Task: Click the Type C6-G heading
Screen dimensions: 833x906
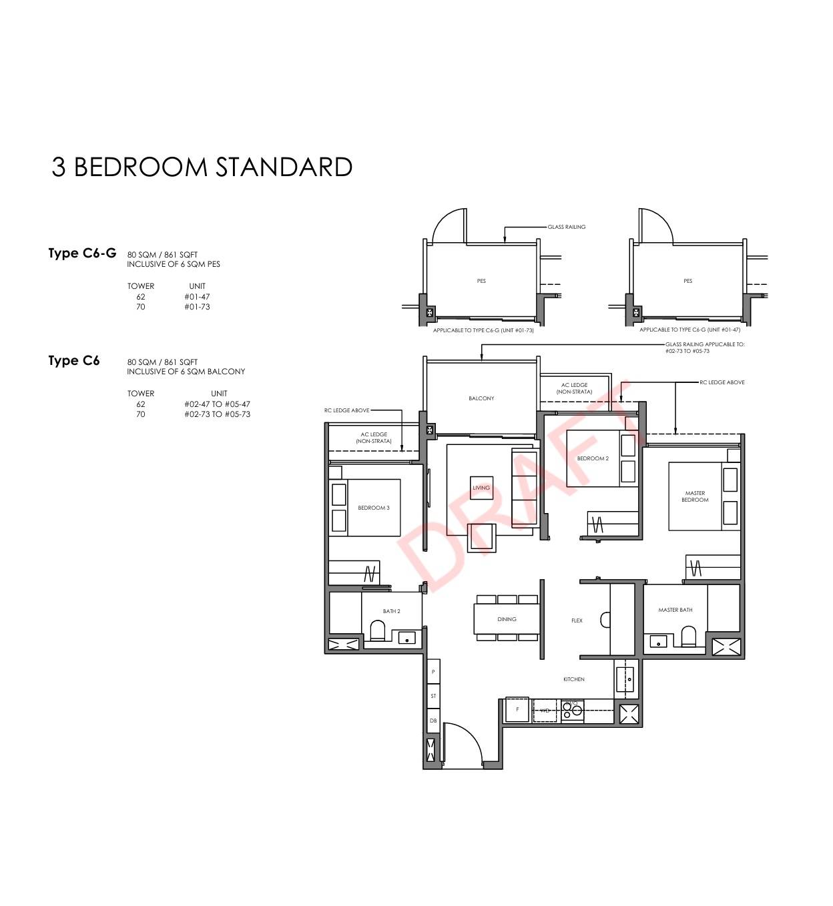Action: (x=82, y=254)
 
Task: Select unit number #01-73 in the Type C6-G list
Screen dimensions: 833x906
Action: (x=197, y=307)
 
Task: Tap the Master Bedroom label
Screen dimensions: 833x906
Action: (x=695, y=496)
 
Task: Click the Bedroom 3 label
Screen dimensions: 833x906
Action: (x=373, y=508)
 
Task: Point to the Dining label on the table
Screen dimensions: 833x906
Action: (x=506, y=619)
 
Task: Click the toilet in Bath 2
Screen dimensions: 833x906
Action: (x=377, y=630)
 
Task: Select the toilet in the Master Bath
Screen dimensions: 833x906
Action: (x=688, y=635)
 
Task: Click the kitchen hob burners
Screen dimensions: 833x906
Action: (x=572, y=711)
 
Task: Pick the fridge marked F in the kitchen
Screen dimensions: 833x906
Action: (x=517, y=710)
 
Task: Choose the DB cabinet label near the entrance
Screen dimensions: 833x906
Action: (x=433, y=721)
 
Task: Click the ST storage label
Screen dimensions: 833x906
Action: (x=433, y=696)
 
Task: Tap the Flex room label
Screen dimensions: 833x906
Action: (x=577, y=620)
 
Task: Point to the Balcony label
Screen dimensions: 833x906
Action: (x=481, y=398)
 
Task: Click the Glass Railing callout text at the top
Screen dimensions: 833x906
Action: (x=566, y=227)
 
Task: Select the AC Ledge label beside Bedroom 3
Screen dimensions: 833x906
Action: (x=374, y=438)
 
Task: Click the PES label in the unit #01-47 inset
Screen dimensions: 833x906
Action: (x=687, y=281)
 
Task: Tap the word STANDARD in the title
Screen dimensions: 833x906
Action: (x=284, y=167)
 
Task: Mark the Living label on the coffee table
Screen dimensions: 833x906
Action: (x=481, y=488)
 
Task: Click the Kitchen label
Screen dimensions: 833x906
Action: (x=573, y=679)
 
